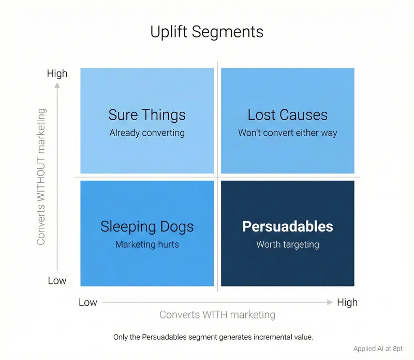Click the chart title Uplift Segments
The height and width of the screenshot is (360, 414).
pos(206,32)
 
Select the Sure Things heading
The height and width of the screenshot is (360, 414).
pos(147,114)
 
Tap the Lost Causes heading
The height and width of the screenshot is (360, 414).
pos(287,114)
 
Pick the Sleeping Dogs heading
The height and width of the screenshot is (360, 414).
pos(147,226)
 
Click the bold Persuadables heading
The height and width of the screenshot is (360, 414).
pos(288,226)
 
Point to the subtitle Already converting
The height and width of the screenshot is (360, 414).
pos(147,133)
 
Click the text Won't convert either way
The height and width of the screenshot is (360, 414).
pos(287,133)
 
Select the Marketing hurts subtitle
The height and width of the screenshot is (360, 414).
pos(147,244)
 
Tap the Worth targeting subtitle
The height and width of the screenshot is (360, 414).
pos(288,244)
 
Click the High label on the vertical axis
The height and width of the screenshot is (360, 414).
pos(57,74)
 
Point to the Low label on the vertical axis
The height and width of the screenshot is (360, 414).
pos(57,280)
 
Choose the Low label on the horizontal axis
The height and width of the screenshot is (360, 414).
pos(88,302)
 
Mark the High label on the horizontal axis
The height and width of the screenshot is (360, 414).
pos(347,302)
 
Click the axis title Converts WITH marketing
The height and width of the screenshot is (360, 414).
pos(217,314)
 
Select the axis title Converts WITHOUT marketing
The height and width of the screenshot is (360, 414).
pos(42,176)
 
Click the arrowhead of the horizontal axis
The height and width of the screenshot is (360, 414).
pos(330,302)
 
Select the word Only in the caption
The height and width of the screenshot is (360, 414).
pos(121,337)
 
